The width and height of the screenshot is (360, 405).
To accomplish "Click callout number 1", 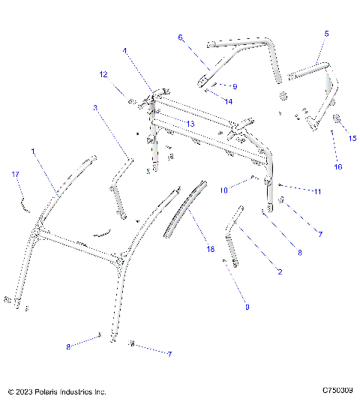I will (33, 151).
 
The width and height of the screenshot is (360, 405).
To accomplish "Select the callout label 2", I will (280, 271).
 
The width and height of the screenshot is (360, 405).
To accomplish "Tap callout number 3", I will (95, 107).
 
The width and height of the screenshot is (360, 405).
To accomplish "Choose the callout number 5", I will (326, 34).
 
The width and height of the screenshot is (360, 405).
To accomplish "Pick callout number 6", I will (180, 37).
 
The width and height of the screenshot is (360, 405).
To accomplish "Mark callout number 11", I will (317, 192).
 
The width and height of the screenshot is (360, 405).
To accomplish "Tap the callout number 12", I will (103, 74).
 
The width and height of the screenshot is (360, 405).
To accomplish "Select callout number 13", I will (190, 123).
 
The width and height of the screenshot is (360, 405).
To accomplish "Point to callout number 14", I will (229, 100).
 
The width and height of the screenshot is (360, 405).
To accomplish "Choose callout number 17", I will (14, 174).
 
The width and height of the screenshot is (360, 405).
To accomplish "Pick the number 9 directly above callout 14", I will (234, 86).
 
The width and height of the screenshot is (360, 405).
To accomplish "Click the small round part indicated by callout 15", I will (336, 118).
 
